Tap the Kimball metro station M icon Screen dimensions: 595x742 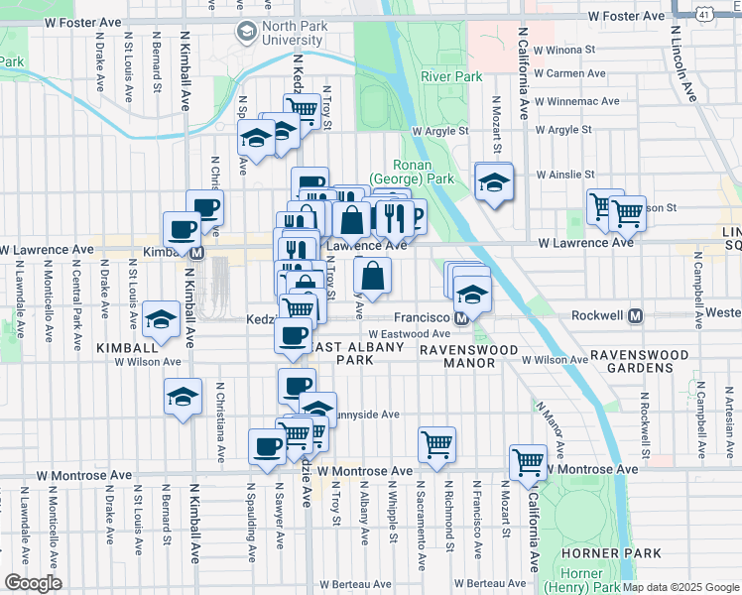(x=196, y=253)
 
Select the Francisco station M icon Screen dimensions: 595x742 (x=461, y=319)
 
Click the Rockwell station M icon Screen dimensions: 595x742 (x=636, y=316)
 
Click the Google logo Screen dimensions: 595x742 (x=33, y=583)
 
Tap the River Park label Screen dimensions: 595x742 (x=450, y=76)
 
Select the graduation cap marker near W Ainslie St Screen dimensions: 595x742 (x=493, y=180)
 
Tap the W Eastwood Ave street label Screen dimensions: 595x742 (x=402, y=335)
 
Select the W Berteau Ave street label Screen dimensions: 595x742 (x=489, y=584)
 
